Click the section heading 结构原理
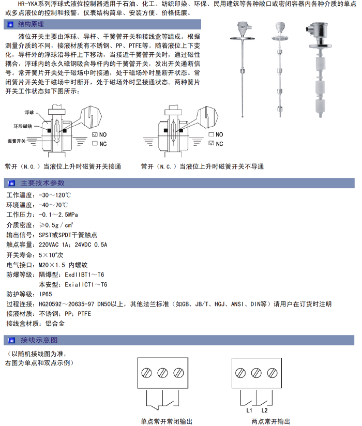pos(31,24)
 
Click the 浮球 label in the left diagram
pos(28,112)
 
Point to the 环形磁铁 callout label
pos(23,126)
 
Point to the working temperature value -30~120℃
pos(55,195)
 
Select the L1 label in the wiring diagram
pos(249,410)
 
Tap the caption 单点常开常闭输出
pos(167,421)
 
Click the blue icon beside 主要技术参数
pos(11,183)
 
